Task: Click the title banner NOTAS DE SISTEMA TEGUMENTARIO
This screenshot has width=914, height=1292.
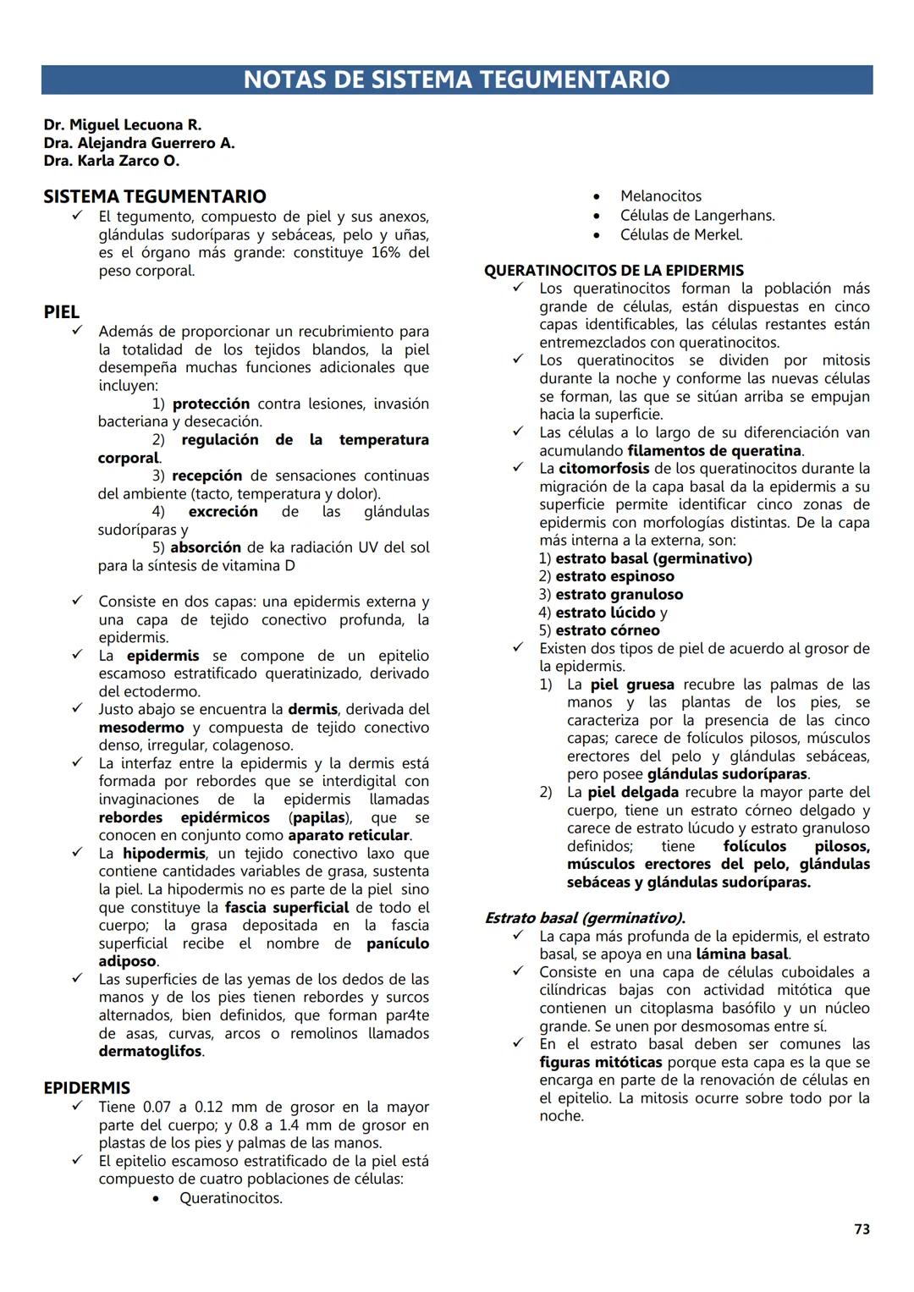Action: (x=456, y=80)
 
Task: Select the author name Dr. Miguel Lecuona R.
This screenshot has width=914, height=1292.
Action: (x=123, y=125)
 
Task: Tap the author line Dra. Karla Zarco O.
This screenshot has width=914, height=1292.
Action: (x=112, y=161)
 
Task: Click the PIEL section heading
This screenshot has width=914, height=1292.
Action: (x=62, y=312)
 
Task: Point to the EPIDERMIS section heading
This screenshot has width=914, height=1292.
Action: (x=87, y=1088)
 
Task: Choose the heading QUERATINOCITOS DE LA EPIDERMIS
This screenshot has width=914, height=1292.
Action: (x=614, y=271)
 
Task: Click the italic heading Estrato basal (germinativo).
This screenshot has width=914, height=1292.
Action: (x=585, y=918)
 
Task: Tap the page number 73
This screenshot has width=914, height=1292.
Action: (x=862, y=1229)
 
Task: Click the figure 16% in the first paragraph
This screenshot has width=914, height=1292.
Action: (x=386, y=253)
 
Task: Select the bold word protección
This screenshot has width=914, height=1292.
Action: (x=212, y=404)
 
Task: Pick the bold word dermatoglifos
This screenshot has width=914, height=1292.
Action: (x=151, y=1052)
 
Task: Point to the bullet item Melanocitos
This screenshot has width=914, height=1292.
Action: (x=661, y=196)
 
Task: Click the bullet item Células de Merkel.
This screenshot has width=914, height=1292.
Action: (x=681, y=235)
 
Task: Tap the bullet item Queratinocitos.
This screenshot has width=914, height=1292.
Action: (x=231, y=1198)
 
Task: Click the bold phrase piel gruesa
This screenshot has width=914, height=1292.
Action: (x=632, y=684)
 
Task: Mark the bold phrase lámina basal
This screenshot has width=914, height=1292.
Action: (x=742, y=954)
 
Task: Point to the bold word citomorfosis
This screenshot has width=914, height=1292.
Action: (x=604, y=469)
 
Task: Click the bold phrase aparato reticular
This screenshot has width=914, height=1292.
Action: (x=349, y=836)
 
